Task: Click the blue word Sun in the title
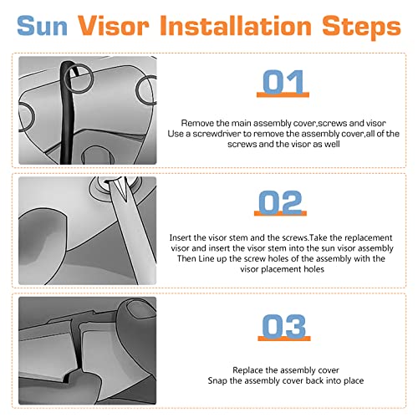[x=42, y=26]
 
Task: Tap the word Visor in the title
[x=114, y=26]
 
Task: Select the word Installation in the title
[x=236, y=26]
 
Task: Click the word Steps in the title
[x=362, y=28]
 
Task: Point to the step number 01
[x=283, y=82]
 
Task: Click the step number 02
[x=280, y=201]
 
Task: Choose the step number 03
[x=284, y=326]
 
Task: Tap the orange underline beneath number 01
[x=283, y=95]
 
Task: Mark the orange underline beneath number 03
[x=284, y=339]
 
